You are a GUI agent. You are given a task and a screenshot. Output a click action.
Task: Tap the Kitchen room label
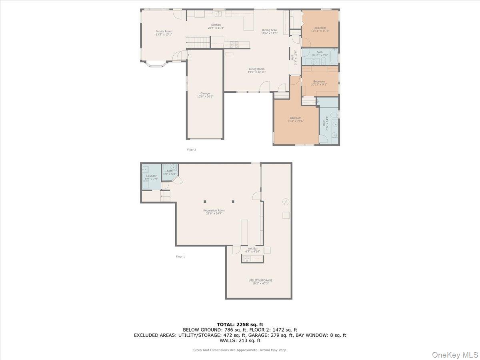click(x=216, y=26)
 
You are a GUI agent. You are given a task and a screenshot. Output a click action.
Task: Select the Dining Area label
click(x=269, y=32)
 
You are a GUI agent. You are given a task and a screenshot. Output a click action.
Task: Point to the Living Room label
click(x=256, y=70)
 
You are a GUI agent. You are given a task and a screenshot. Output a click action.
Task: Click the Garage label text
click(x=205, y=95)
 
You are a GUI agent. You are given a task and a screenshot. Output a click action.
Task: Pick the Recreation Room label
click(x=214, y=212)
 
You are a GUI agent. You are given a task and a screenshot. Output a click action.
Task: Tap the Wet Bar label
click(x=253, y=250)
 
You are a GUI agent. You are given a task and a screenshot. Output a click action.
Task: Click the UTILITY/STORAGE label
click(x=260, y=282)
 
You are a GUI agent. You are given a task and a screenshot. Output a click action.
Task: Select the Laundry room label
click(x=151, y=177)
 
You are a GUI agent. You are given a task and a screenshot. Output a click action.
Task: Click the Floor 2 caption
click(x=191, y=150)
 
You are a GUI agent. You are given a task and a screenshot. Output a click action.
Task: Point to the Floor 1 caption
click(x=180, y=256)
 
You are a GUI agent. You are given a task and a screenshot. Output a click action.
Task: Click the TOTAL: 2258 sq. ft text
click(x=240, y=324)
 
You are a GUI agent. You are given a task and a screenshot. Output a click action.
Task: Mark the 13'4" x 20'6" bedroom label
click(x=295, y=119)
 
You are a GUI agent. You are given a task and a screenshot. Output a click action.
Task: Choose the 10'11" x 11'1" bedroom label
click(x=320, y=29)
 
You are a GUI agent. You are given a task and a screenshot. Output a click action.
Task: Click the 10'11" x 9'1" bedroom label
click(x=319, y=83)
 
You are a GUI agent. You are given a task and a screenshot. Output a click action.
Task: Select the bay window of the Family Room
click(x=157, y=64)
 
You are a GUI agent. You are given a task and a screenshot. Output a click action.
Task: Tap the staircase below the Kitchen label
click(x=198, y=41)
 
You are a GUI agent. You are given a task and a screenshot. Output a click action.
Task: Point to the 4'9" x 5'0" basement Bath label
click(x=170, y=172)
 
